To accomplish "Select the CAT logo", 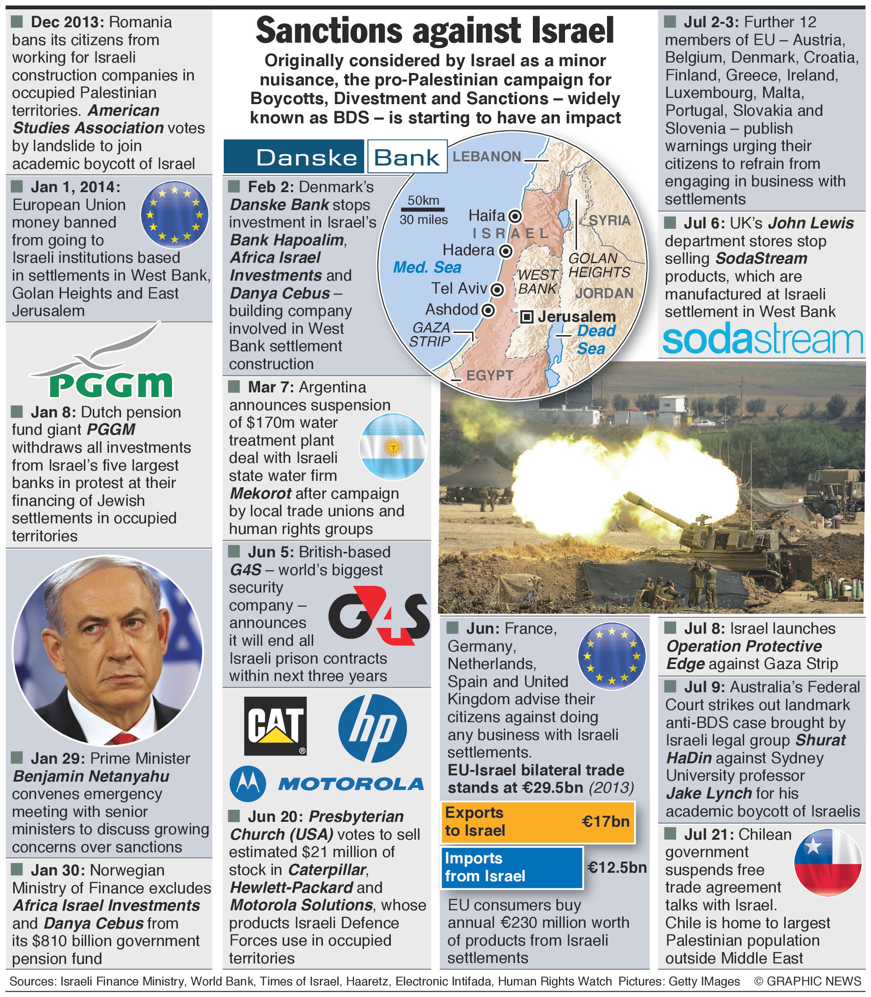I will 275,726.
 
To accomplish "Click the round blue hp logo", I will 373,728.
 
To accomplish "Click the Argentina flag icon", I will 393,446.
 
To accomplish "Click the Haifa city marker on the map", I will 514,216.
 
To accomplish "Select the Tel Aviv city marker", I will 497,290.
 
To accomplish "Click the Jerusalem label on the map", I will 577,316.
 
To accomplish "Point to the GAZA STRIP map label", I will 430,335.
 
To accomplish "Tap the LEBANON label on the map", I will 486,156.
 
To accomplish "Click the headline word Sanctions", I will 329,31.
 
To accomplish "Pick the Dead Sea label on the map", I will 595,340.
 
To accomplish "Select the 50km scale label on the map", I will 423,200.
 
